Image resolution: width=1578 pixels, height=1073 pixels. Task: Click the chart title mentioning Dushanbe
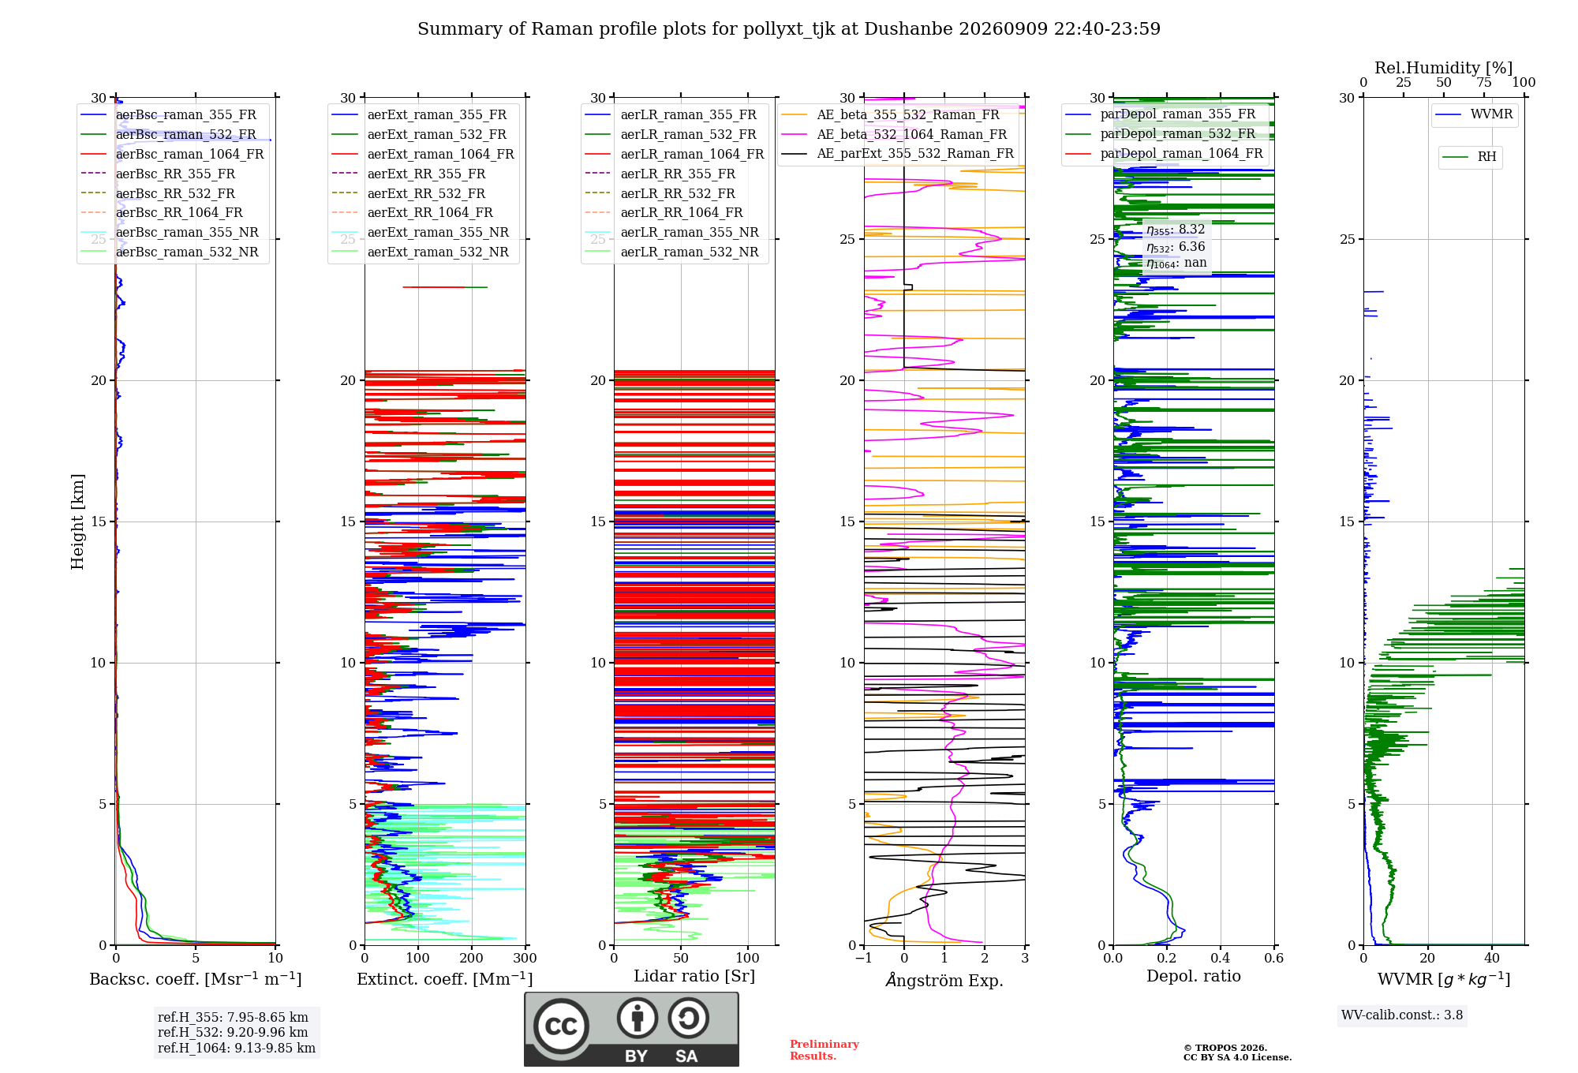pyautogui.click(x=789, y=29)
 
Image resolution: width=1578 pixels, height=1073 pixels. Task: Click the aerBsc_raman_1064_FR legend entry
pyautogui.click(x=173, y=154)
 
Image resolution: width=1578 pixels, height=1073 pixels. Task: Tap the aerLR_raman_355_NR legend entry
pyautogui.click(x=671, y=232)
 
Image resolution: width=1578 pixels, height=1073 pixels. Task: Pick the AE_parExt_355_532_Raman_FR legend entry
pyautogui.click(x=898, y=153)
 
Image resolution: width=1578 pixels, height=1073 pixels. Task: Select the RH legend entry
pyautogui.click(x=1470, y=157)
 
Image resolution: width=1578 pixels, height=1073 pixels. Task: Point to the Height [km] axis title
pyautogui.click(x=77, y=522)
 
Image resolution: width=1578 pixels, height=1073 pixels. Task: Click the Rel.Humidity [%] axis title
pyautogui.click(x=1444, y=68)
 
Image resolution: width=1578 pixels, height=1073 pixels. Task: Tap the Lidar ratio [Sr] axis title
pyautogui.click(x=694, y=976)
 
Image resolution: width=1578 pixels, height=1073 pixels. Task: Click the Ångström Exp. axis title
pyautogui.click(x=944, y=980)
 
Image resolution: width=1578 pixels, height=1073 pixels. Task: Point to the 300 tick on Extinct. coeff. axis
pyautogui.click(x=525, y=958)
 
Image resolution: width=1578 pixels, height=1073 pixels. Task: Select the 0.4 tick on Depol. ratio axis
pyautogui.click(x=1221, y=958)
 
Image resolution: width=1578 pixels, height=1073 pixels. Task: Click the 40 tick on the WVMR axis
pyautogui.click(x=1492, y=958)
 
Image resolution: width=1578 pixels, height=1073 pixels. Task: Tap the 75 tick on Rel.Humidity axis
pyautogui.click(x=1484, y=82)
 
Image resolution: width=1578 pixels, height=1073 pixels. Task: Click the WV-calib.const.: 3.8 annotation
pyautogui.click(x=1402, y=1015)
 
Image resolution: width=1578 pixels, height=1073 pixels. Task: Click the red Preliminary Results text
pyautogui.click(x=825, y=1050)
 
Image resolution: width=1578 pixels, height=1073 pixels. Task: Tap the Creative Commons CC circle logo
pyautogui.click(x=561, y=1026)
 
